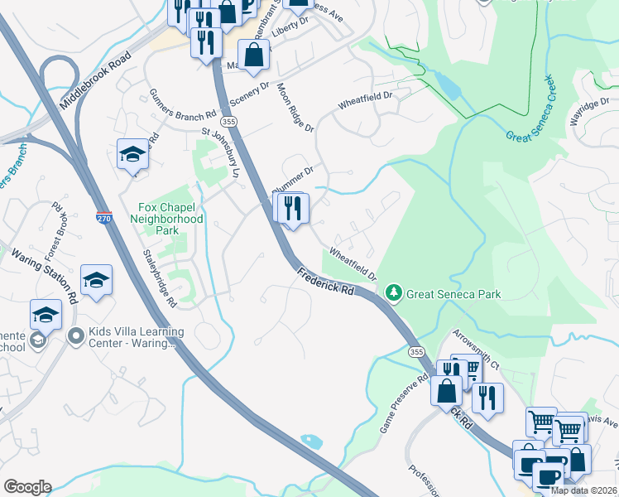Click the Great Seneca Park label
(453, 293)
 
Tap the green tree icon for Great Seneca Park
(395, 293)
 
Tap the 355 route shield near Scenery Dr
(230, 122)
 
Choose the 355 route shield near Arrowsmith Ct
(417, 352)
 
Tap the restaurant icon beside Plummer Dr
(292, 209)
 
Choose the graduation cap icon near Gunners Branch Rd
(132, 155)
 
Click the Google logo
(27, 486)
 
